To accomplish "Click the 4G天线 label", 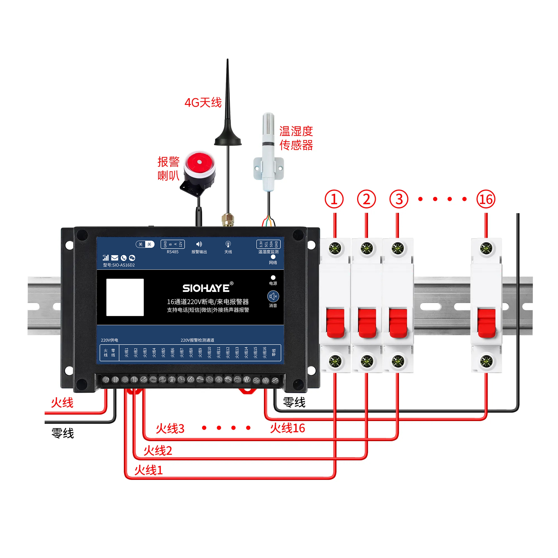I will click(203, 102).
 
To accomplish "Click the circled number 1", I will click(334, 199).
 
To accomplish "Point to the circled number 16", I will click(486, 199).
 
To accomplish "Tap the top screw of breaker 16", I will click(486, 248).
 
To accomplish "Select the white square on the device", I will click(125, 297).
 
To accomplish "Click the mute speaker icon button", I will click(273, 296).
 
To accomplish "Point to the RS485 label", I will click(172, 252).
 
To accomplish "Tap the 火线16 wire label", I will click(287, 428).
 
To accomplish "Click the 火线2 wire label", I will click(158, 451).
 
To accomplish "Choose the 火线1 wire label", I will click(148, 470).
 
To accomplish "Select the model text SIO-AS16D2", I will click(119, 265).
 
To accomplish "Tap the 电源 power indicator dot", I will click(273, 278).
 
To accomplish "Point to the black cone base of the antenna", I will click(228, 136).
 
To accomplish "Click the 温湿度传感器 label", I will click(296, 138).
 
